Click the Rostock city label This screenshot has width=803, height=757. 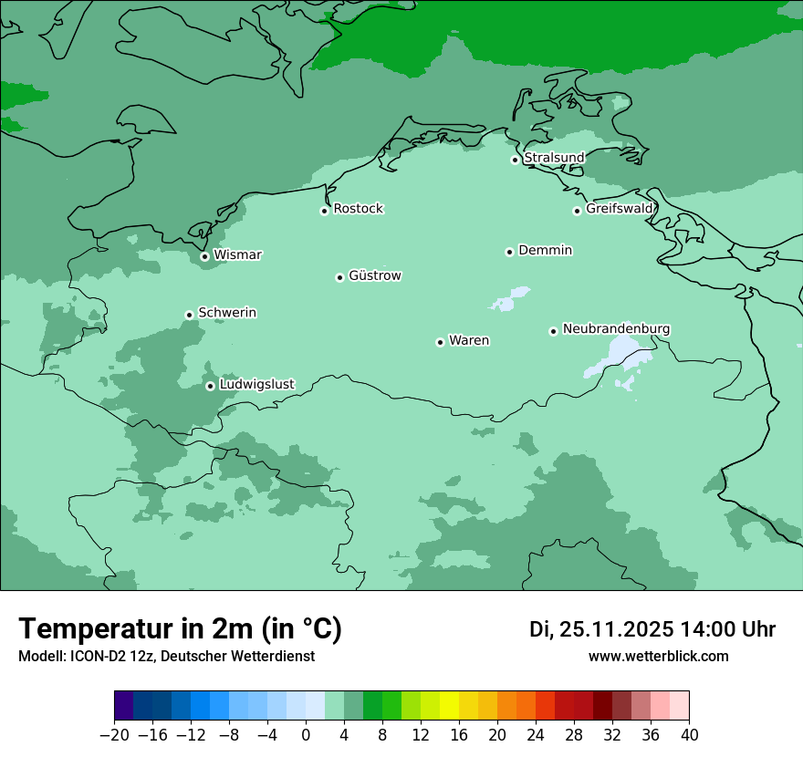pos(358,209)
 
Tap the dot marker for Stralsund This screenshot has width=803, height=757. pos(515,160)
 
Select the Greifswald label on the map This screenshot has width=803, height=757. pos(620,209)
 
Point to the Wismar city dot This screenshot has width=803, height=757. pos(204,256)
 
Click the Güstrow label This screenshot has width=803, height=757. pos(374,275)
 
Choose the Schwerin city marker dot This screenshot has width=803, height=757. pos(189,315)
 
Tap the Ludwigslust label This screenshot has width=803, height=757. pos(256,384)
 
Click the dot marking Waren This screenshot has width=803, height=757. pos(440,342)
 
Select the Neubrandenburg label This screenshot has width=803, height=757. pos(616,328)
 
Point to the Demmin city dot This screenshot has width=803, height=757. pos(509,252)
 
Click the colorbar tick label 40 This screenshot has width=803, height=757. pos(689,735)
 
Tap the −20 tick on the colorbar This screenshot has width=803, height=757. pos(114,735)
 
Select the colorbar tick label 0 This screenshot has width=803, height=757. pos(306,735)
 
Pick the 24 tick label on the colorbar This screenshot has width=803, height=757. pos(536,735)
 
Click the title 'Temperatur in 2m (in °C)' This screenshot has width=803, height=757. pos(180,628)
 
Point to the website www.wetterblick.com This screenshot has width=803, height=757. pos(658,656)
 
